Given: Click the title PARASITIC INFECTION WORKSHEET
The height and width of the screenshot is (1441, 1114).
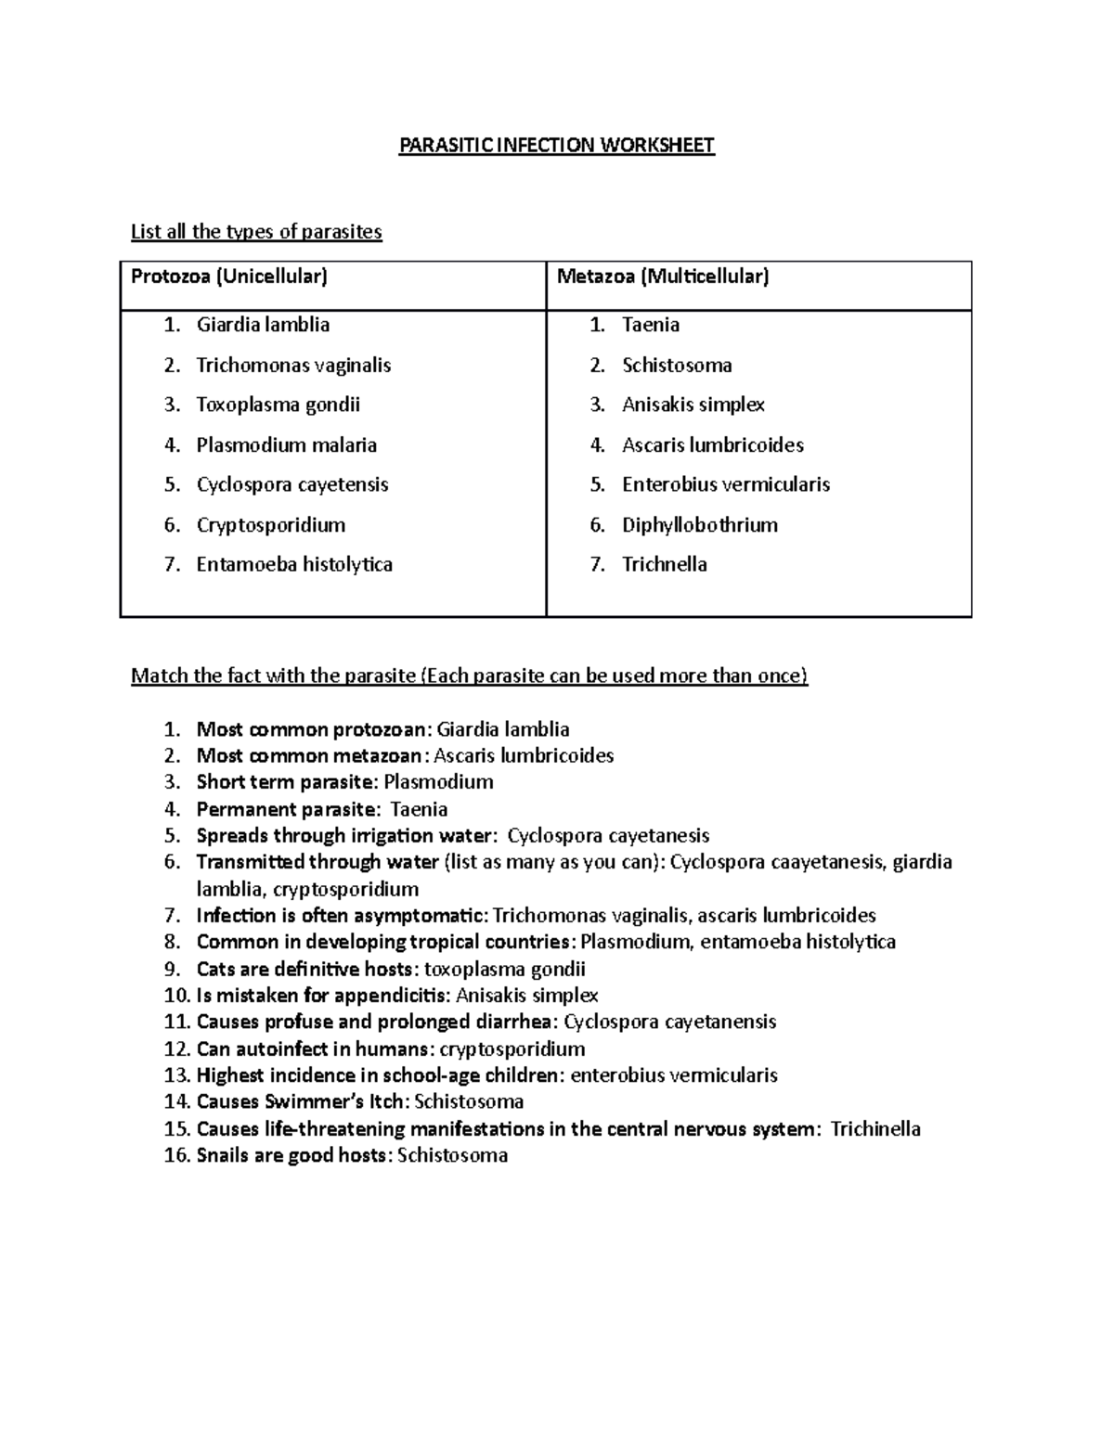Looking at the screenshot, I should point(556,146).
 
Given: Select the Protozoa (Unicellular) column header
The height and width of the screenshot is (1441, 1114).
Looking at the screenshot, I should point(229,277).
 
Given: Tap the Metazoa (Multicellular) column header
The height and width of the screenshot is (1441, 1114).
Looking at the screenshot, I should point(663,277).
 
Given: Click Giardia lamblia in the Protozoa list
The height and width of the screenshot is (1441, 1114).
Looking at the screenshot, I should point(263,325).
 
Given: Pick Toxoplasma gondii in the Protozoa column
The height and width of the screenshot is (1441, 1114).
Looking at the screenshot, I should point(278,405).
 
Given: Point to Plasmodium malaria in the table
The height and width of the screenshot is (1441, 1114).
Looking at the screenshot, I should point(286,445).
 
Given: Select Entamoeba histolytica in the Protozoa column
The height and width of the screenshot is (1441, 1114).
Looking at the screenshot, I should point(294,564).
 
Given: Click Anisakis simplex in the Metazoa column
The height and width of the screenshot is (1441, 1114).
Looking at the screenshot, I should point(693,405).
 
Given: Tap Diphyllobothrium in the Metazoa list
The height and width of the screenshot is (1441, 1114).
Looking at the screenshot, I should point(699,525).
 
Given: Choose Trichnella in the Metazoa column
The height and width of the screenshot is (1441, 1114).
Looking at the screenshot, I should point(664,564).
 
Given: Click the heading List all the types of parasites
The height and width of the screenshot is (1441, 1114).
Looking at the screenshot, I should point(256,232).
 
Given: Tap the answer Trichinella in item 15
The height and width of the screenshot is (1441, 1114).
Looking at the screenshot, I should point(874,1129).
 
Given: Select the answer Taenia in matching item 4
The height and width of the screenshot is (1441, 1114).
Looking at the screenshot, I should point(419,809).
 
